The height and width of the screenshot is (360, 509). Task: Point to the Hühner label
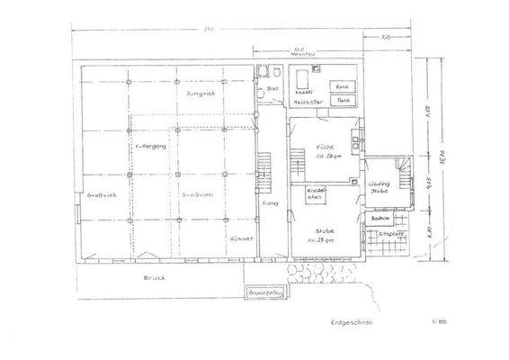(x=239, y=238)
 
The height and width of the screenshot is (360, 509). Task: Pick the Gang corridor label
(x=269, y=204)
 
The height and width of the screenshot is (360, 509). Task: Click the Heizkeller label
(x=308, y=102)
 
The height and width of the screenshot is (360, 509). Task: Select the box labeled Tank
(x=344, y=100)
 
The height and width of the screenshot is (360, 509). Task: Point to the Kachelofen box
(x=315, y=194)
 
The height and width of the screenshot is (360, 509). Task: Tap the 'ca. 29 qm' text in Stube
(x=325, y=240)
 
